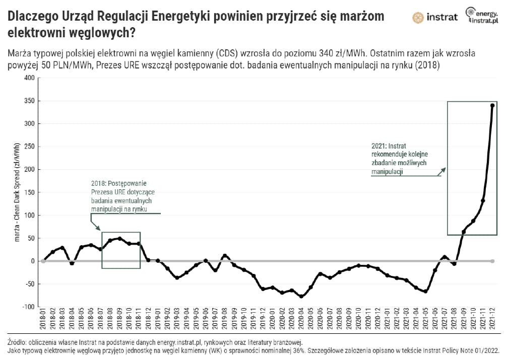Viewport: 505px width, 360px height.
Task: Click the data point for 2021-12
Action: pos(492,105)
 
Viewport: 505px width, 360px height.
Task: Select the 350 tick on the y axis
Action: pos(30,101)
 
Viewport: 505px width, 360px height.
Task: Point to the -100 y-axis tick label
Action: pos(29,307)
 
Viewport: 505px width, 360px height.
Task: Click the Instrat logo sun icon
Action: pos(418,18)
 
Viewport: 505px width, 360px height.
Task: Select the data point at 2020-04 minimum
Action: pos(301,297)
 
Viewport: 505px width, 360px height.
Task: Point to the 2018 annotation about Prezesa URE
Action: pos(119,196)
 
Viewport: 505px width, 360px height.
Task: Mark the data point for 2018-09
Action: pos(120,239)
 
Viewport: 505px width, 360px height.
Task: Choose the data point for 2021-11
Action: pos(483,200)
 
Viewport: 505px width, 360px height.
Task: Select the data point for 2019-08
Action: pos(225,256)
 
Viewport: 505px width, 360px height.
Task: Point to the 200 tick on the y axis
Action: pos(30,170)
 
